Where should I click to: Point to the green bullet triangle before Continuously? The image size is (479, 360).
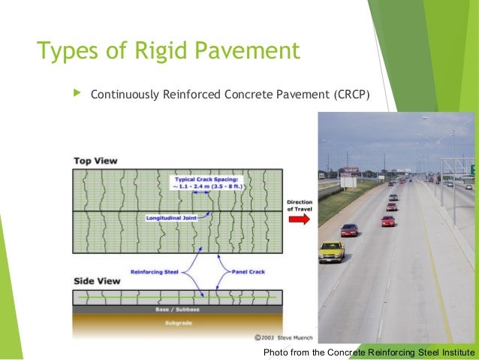[75, 94]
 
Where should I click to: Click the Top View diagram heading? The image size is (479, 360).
[95, 161]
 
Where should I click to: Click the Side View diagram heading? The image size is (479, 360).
[95, 280]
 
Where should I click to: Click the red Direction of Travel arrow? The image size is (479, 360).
[298, 219]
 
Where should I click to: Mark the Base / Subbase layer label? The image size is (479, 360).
[177, 308]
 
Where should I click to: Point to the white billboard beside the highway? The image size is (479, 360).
[348, 181]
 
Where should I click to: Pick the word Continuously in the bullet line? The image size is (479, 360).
[126, 95]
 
